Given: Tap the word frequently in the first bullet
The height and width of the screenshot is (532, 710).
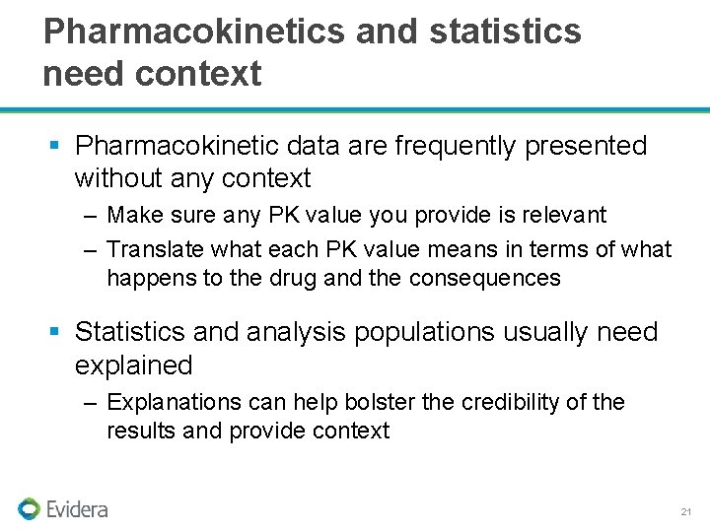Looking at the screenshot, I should [x=456, y=146].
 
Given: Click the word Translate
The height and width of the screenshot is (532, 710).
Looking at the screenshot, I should [x=149, y=250].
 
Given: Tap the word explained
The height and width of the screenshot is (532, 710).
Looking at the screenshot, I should [x=133, y=366].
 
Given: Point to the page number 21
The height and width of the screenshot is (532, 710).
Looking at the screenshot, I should [x=686, y=512].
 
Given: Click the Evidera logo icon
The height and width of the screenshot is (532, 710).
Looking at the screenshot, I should [x=29, y=508].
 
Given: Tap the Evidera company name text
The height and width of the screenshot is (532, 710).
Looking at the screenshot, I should [x=77, y=509].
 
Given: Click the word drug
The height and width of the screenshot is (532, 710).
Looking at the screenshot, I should [x=294, y=279].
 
